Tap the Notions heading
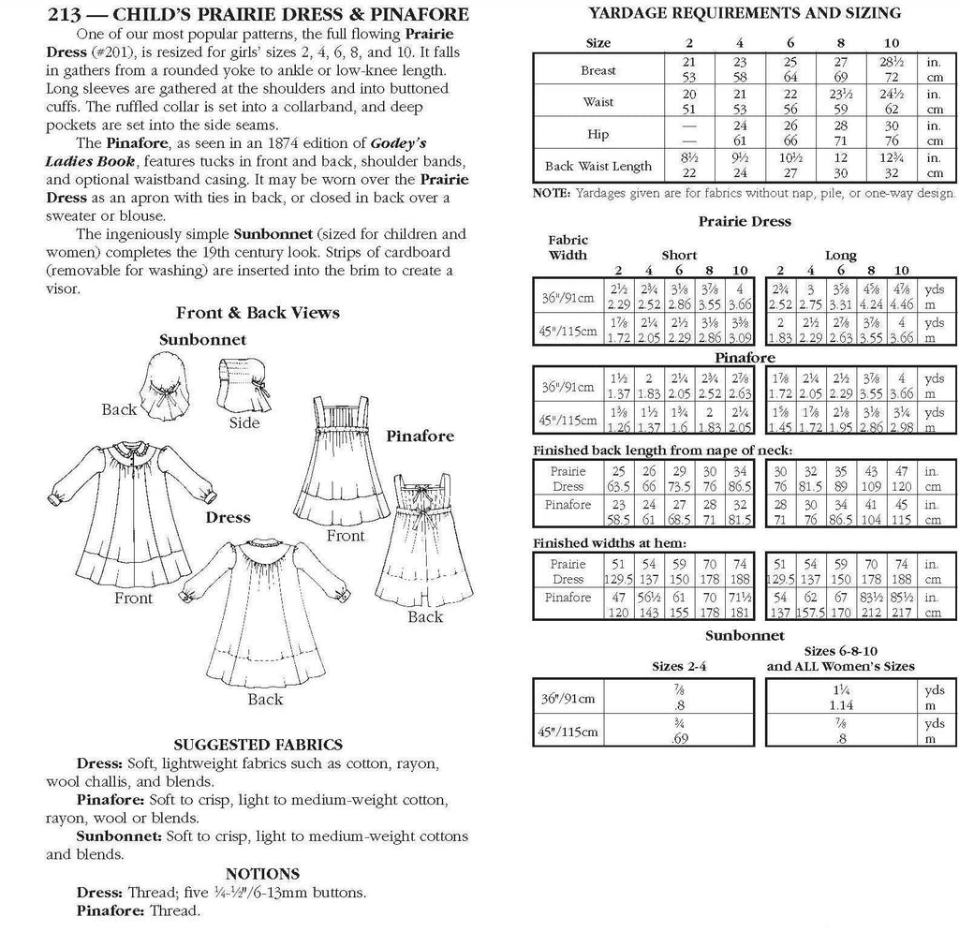(262, 873)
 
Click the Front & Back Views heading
(258, 312)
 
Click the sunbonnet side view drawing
(242, 379)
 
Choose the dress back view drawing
(265, 614)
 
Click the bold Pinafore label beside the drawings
(420, 436)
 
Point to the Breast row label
(598, 70)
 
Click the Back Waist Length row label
(598, 166)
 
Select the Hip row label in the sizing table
(598, 134)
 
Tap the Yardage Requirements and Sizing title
(745, 13)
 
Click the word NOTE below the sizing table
(551, 194)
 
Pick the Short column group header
(679, 255)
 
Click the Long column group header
(840, 255)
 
